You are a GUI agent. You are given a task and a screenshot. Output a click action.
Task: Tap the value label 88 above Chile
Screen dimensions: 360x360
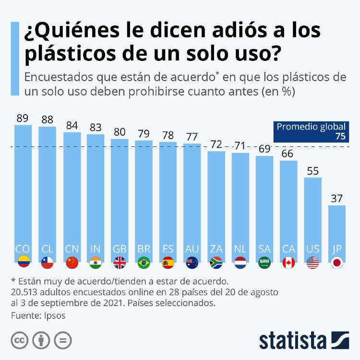pyautogui.click(x=47, y=119)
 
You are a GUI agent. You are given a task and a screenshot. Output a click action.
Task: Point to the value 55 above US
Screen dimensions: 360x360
pyautogui.click(x=313, y=170)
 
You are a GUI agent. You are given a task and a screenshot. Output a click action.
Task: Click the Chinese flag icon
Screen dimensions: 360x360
pyautogui.click(x=72, y=263)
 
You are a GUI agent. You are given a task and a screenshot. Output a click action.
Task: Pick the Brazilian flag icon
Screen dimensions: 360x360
pyautogui.click(x=144, y=263)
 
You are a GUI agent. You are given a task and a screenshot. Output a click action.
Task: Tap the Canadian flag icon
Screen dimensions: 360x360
pyautogui.click(x=288, y=263)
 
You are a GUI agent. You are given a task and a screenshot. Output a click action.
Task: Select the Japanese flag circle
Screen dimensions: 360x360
pyautogui.click(x=337, y=263)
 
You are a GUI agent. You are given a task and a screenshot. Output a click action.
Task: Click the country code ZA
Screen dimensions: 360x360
pyautogui.click(x=216, y=249)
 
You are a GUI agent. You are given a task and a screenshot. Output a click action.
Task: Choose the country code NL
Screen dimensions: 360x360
pyautogui.click(x=240, y=249)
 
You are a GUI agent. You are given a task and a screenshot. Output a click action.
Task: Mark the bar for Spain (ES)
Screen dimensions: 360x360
pyautogui.click(x=168, y=197)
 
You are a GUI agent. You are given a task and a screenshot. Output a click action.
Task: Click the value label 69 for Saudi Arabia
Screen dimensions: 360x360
pyautogui.click(x=264, y=148)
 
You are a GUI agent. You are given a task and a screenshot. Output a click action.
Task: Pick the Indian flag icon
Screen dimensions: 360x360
pyautogui.click(x=96, y=263)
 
